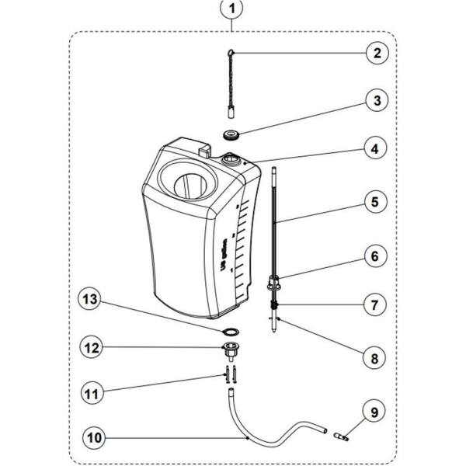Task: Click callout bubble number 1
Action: click(x=232, y=10)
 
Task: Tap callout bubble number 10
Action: click(x=95, y=437)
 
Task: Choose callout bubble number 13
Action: click(x=95, y=298)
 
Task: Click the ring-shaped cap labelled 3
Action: click(x=231, y=134)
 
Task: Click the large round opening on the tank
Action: click(x=189, y=186)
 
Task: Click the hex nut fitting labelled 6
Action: click(x=273, y=283)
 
